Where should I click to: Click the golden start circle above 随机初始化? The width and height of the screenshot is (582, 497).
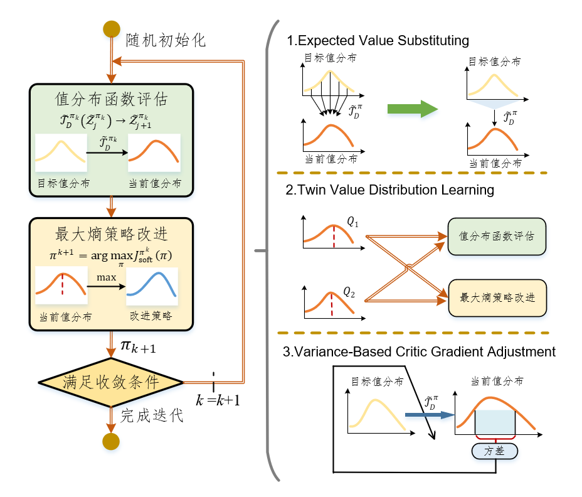pos(112,29)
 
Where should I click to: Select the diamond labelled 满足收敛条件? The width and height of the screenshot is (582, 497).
pos(111,382)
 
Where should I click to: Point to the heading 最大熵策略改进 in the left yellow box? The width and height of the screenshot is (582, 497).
pos(111,234)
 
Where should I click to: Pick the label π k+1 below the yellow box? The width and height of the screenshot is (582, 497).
pos(138,345)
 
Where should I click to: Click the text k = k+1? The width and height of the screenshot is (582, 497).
pos(219,400)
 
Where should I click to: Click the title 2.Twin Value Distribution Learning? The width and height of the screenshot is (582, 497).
pos(389,189)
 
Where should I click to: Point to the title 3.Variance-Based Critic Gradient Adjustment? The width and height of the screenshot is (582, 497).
pos(419,352)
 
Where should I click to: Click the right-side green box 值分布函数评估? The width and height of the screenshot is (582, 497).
pos(497,236)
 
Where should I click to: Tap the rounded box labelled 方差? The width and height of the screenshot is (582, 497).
pos(495,450)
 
